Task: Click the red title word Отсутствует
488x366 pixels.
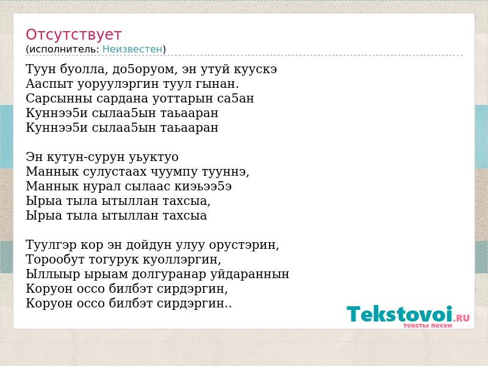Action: point(73,34)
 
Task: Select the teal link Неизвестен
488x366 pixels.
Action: point(132,49)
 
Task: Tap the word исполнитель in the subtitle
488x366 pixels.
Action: point(64,49)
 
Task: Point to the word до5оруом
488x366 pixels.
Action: point(145,70)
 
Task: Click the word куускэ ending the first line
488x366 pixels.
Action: point(255,70)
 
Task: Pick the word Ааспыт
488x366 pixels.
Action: point(50,84)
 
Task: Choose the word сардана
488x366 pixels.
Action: point(123,99)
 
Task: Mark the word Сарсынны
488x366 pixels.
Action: point(59,99)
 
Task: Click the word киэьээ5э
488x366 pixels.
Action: point(203,187)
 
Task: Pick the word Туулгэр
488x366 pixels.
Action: point(51,245)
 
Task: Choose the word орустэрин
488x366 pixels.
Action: point(244,245)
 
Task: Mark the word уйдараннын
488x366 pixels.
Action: point(250,274)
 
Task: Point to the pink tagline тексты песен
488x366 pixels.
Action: point(428,326)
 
